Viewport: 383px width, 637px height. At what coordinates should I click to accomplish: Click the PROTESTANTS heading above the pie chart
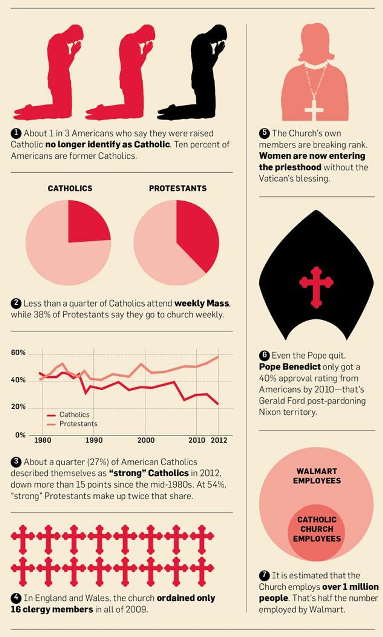[177, 188]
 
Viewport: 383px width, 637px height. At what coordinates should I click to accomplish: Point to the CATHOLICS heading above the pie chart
[70, 188]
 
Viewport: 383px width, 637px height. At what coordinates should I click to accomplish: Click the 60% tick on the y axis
[18, 353]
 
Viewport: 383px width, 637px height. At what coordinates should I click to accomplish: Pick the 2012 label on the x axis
[219, 440]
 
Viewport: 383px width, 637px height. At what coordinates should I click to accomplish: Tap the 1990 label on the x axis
[94, 440]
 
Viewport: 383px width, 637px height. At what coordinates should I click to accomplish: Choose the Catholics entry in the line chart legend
[74, 414]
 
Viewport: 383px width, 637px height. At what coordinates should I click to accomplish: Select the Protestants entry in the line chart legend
[78, 424]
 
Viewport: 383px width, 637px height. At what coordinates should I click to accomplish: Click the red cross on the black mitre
[316, 287]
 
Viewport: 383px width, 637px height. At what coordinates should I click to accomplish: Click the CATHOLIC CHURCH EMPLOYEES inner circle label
[317, 529]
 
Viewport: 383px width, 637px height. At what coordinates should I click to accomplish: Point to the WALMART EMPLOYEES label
[317, 476]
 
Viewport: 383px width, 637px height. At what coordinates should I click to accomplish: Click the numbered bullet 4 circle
[16, 598]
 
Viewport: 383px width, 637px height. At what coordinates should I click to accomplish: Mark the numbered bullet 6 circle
[264, 355]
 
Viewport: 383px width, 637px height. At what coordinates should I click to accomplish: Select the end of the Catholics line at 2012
[218, 404]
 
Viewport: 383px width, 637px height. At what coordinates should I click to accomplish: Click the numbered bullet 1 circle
[16, 133]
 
